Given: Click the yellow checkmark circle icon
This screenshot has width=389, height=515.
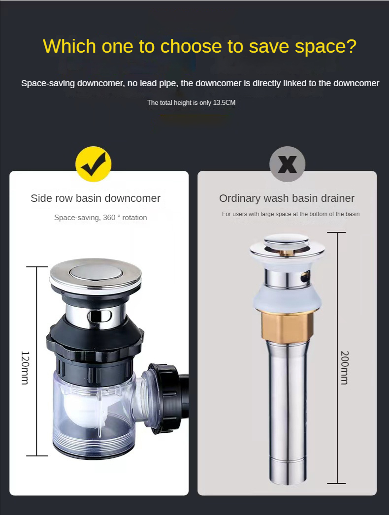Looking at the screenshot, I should [94, 164].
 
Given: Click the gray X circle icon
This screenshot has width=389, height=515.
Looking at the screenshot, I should [288, 164].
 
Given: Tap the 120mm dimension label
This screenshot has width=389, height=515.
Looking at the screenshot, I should [25, 368].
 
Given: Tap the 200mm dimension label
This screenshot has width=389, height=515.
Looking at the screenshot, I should [344, 368].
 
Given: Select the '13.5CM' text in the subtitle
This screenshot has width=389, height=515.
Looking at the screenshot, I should [225, 102].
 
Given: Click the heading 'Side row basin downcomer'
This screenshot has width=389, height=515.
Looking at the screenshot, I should [96, 198].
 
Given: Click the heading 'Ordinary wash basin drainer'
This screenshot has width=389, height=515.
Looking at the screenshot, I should [287, 198].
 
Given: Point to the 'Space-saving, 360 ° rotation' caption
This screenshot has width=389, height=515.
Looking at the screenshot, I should [100, 217].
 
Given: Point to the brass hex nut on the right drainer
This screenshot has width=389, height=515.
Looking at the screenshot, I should [287, 326].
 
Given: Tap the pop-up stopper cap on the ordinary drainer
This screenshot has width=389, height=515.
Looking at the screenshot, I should [287, 241].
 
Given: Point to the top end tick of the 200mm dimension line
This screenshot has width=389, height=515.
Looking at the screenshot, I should [337, 232].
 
